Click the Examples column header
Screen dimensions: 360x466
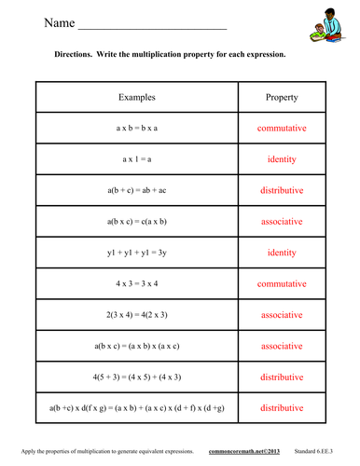(137, 97)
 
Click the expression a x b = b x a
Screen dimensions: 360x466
(137, 128)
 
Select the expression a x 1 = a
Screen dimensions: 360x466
(137, 159)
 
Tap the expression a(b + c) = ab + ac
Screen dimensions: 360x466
(137, 190)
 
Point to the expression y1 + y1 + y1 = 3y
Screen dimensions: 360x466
(137, 253)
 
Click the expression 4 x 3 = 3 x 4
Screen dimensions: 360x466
(137, 283)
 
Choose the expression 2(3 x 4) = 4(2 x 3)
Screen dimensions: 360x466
(137, 314)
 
